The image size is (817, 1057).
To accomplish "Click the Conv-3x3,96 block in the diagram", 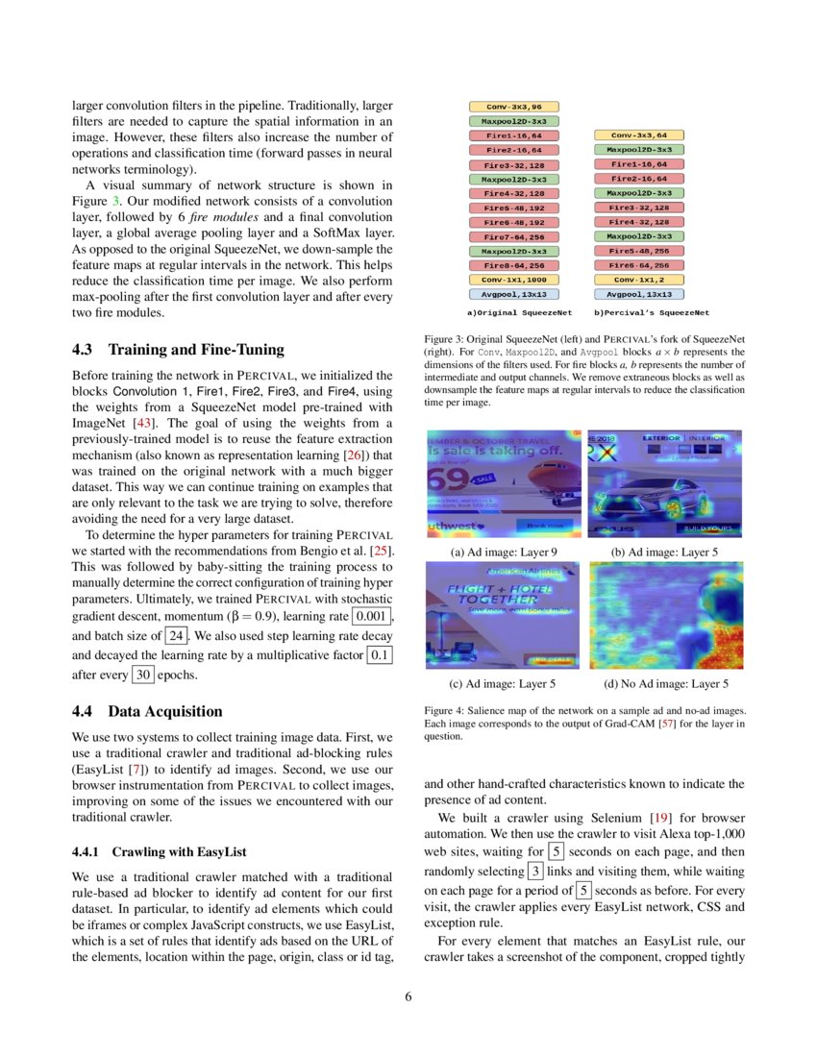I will click(x=513, y=108).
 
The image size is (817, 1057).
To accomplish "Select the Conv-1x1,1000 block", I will click(x=513, y=280).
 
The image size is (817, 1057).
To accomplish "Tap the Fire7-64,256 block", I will click(x=513, y=236).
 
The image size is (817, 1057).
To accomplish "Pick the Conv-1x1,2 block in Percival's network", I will click(x=639, y=280).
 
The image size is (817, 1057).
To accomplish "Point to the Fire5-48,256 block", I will click(x=639, y=251).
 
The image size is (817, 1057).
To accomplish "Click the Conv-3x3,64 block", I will click(x=639, y=135).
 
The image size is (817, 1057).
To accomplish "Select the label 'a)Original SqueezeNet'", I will click(x=519, y=312).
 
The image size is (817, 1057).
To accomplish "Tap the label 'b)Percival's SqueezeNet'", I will click(x=652, y=312).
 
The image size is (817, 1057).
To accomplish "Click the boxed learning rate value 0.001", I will click(x=372, y=616).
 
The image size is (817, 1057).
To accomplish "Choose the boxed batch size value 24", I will click(x=176, y=636).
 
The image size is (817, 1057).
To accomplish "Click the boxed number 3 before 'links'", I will click(x=535, y=871).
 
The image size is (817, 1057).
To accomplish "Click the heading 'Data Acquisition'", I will click(x=164, y=712).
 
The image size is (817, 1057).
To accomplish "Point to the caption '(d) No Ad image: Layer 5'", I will click(x=665, y=684).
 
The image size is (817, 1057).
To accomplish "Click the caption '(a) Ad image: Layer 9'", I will click(x=503, y=553).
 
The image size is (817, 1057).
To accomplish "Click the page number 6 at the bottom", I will click(x=408, y=996).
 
